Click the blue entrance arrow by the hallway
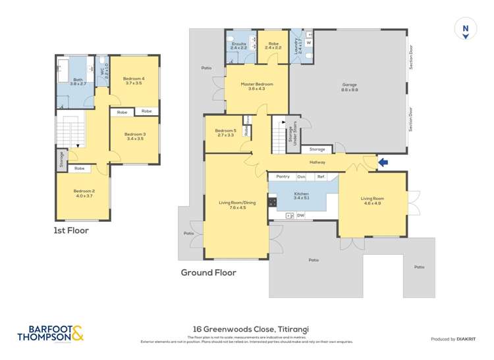tap(383, 161)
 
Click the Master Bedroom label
tap(256, 86)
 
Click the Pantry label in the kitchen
tap(283, 176)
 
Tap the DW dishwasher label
tap(300, 215)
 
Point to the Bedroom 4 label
tap(134, 81)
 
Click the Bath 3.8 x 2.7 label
tap(78, 81)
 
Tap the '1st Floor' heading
tap(71, 230)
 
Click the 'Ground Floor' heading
tap(208, 272)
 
